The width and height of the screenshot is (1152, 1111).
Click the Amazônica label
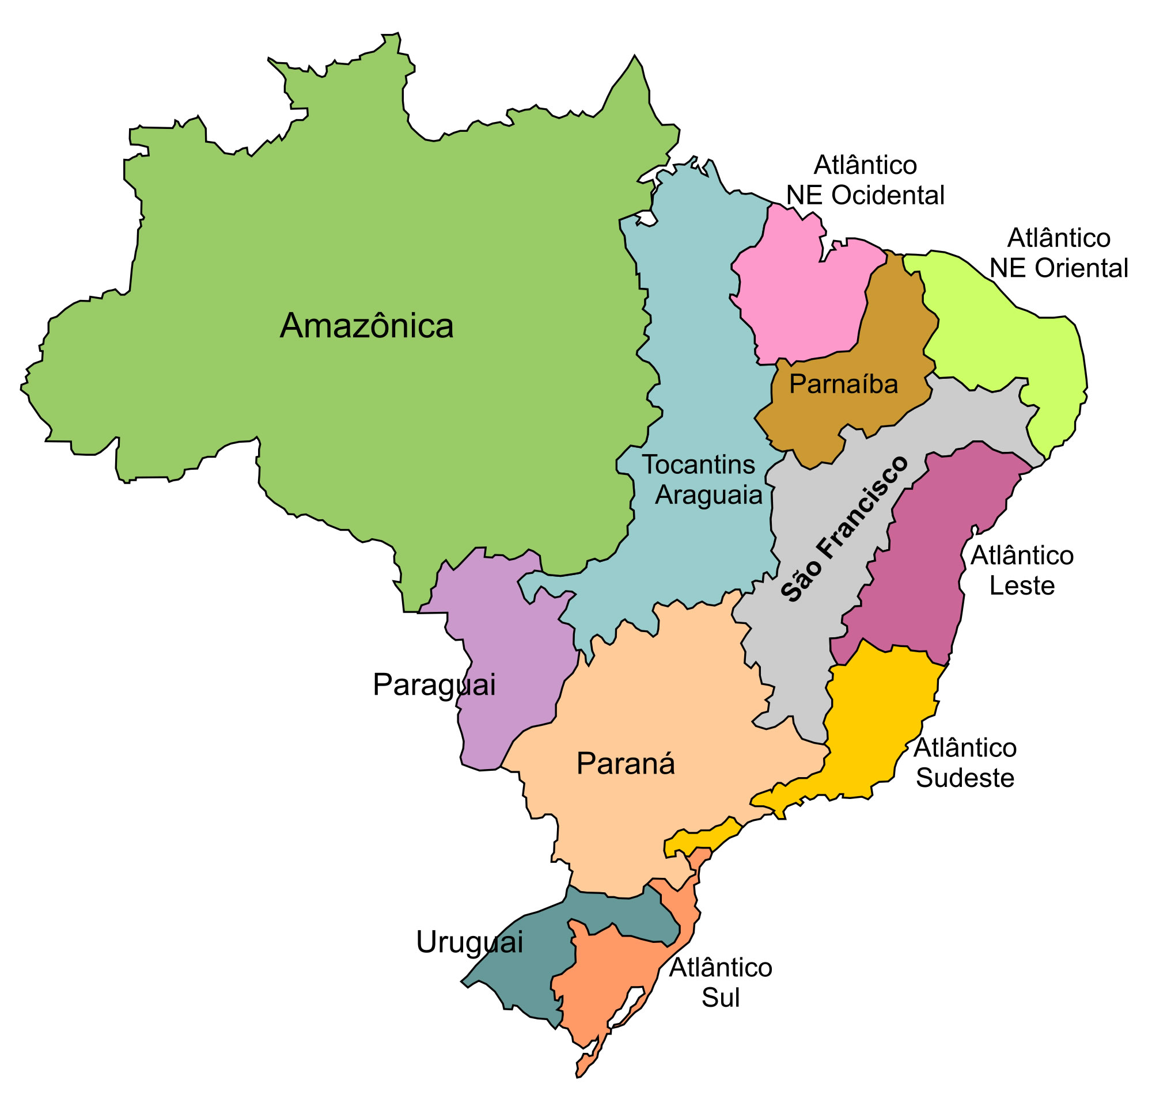[366, 326]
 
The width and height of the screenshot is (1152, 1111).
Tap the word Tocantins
[698, 465]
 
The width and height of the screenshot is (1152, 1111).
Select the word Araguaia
[708, 495]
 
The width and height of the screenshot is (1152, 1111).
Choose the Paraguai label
[434, 685]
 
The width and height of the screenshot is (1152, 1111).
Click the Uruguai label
[469, 942]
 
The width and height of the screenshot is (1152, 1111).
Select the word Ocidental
[888, 196]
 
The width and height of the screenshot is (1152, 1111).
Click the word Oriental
[1081, 268]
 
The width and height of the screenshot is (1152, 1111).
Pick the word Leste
[1021, 587]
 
